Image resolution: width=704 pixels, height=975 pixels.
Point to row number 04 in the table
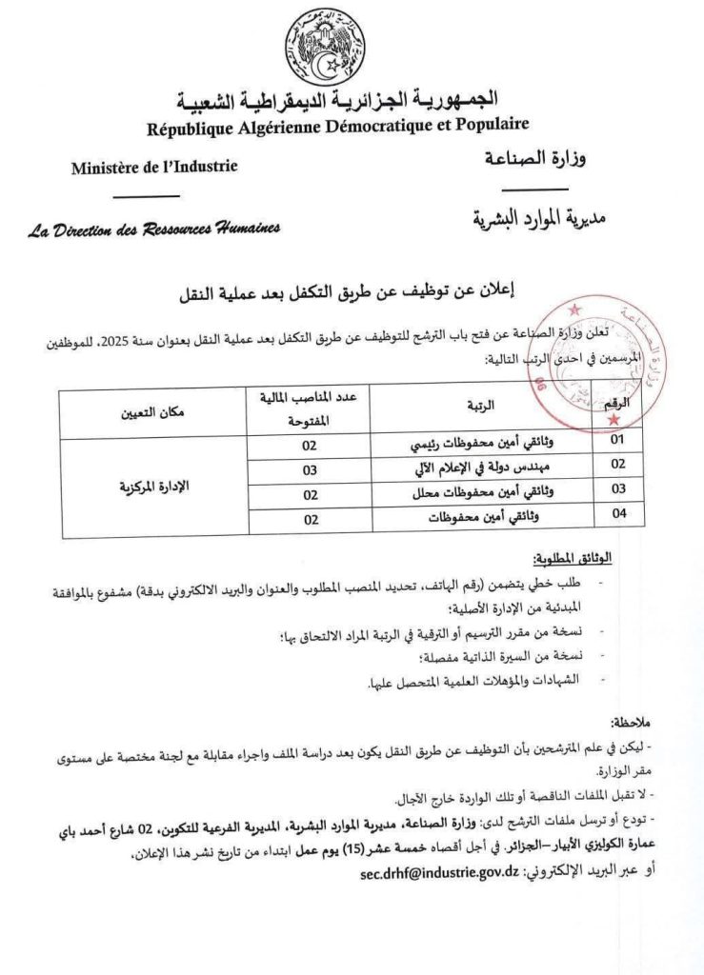tap(617, 515)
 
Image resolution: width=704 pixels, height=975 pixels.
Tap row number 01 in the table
tap(617, 442)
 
